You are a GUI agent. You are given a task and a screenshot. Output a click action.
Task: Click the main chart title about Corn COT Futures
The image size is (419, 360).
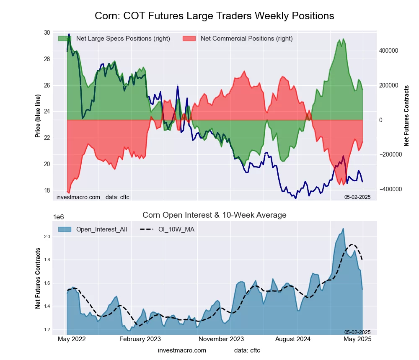click(x=215, y=16)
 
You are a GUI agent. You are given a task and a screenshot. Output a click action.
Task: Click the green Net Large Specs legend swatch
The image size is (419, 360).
click(x=64, y=39)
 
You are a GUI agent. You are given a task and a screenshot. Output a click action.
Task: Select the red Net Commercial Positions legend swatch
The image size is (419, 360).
click(x=189, y=39)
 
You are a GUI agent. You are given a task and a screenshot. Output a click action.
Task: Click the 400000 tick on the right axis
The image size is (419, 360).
click(x=389, y=51)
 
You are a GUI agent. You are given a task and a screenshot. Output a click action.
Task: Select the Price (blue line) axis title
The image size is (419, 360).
click(x=38, y=116)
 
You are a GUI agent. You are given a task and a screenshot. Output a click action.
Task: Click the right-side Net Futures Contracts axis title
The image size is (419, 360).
click(x=406, y=116)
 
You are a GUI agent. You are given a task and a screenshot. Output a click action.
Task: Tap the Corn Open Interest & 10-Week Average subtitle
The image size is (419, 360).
click(x=215, y=215)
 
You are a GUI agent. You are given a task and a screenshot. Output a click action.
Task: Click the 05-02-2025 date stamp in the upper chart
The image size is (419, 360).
click(x=357, y=197)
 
